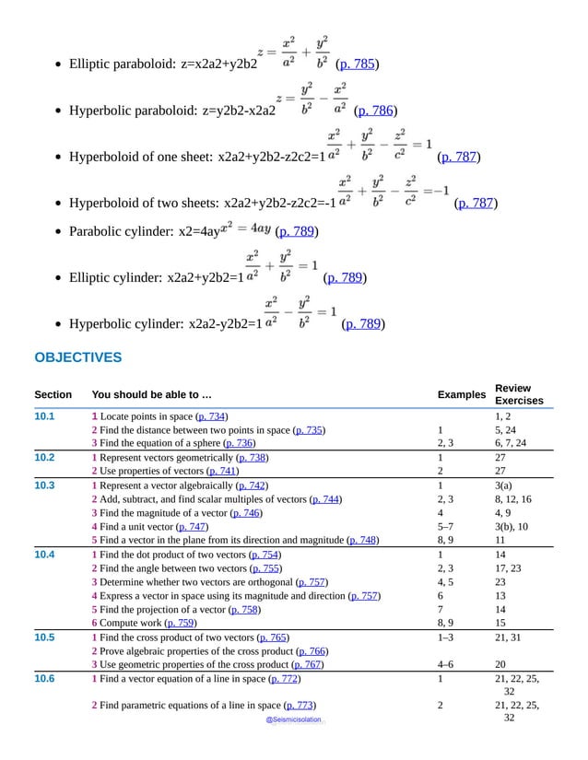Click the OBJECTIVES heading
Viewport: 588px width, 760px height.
coord(78,357)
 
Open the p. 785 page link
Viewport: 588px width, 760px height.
coord(357,64)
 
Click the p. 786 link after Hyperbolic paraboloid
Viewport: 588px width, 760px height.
coord(375,111)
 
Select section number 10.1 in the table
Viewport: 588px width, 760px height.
coord(45,416)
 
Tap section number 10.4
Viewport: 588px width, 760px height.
coord(45,555)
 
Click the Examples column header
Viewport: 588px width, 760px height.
coord(461,394)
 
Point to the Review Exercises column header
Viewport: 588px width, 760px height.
coord(519,394)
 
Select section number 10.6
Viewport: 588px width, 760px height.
coord(45,679)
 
